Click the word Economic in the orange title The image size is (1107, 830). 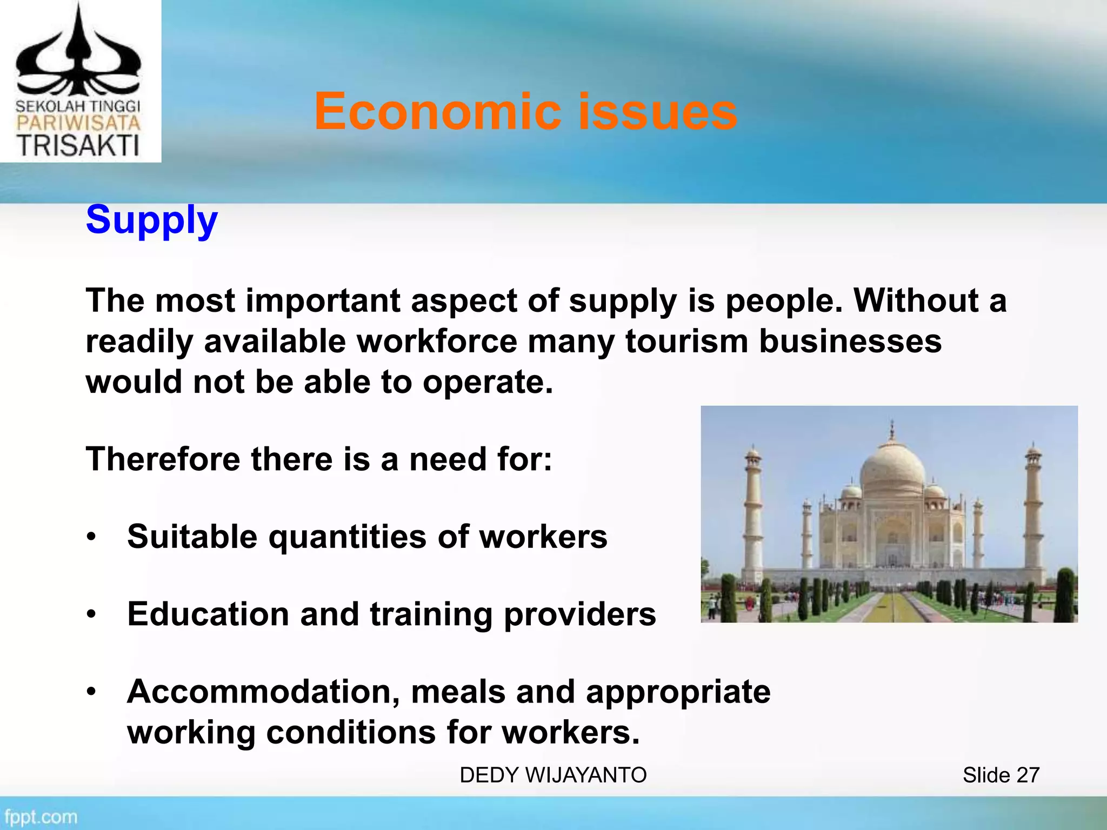coord(438,112)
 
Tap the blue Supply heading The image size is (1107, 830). coord(152,220)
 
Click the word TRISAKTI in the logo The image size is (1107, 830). coord(78,145)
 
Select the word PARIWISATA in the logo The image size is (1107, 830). coord(78,122)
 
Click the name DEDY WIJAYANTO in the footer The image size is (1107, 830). coord(553,775)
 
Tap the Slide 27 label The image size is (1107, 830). coord(1001,775)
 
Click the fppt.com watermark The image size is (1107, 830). coord(41,816)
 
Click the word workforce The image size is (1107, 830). coord(436,342)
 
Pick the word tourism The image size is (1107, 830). coord(686,342)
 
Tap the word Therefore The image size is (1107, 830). coord(163,459)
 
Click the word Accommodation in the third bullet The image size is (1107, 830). coord(264,692)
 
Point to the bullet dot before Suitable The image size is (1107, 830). coord(92,537)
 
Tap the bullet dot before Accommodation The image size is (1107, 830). coord(92,692)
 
